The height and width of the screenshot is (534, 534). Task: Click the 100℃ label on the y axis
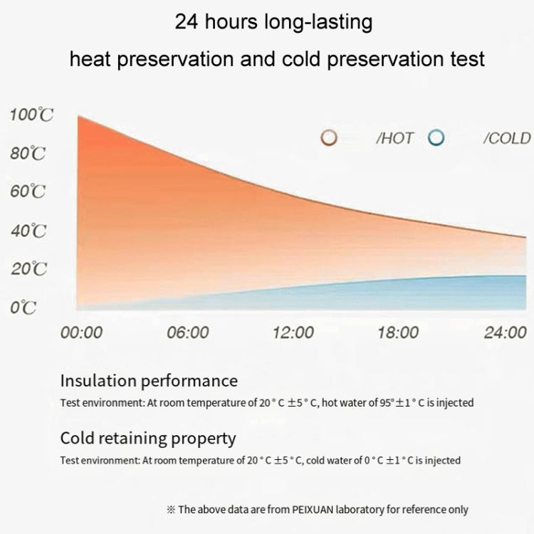31,115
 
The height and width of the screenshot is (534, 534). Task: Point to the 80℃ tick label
28,154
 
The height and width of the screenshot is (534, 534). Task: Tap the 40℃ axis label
28,231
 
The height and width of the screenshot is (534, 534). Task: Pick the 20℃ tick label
28,269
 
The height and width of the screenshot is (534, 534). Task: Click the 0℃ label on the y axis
23,308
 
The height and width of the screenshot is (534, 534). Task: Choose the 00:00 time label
82,333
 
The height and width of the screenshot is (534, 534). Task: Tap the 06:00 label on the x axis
188,333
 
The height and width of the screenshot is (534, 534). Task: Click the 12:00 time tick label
293,333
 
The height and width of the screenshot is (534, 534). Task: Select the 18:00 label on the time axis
398,333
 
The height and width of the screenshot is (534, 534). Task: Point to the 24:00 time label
504,333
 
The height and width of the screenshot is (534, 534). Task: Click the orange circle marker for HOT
328,138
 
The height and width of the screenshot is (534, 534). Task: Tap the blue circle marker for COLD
436,138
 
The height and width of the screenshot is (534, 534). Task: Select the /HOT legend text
394,139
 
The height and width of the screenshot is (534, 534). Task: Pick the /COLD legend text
507,139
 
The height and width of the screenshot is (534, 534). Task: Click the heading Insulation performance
149,381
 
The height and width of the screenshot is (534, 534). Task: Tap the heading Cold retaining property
147,439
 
